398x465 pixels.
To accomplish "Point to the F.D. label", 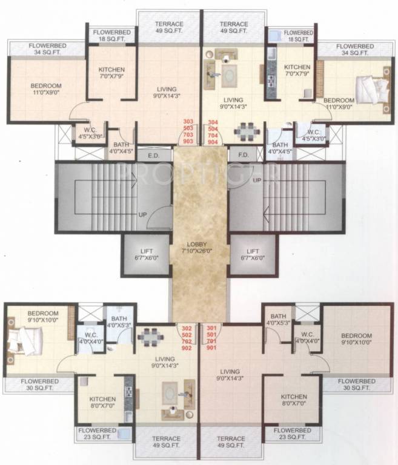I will click(244, 155).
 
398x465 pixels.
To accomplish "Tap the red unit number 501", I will click(211, 335).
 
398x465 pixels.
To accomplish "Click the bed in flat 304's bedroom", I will click(371, 91).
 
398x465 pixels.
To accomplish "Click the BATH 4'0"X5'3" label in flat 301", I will click(278, 320).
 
